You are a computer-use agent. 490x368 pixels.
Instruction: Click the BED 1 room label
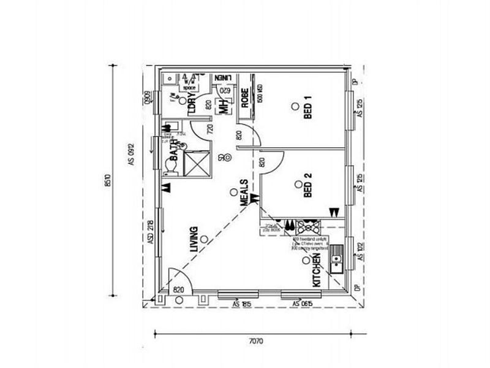point(307,110)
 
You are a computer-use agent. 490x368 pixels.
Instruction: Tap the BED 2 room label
point(307,186)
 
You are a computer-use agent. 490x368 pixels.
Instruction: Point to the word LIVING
point(194,240)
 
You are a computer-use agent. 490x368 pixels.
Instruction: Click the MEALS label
point(243,193)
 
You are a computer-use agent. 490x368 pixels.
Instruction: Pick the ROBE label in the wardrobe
point(244,101)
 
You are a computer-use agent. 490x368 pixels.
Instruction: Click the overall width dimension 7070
point(257,342)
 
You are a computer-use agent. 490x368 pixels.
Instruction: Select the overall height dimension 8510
point(108,178)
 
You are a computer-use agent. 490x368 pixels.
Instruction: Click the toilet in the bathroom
point(171,166)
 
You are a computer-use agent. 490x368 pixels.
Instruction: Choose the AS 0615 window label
point(303,304)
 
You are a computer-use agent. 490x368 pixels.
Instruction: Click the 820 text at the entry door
point(178,289)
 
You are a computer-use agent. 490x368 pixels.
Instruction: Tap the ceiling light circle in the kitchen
point(306,260)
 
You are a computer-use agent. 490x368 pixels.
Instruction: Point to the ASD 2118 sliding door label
point(150,234)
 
